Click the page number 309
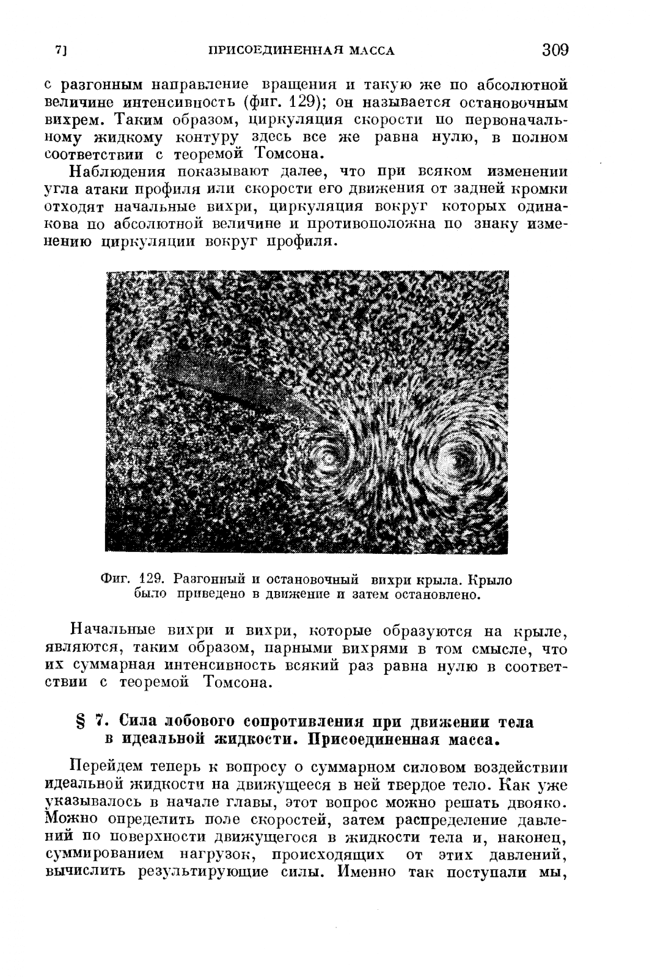[554, 49]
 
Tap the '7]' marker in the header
[60, 51]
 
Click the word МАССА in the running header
[371, 51]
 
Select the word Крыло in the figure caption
[494, 579]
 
